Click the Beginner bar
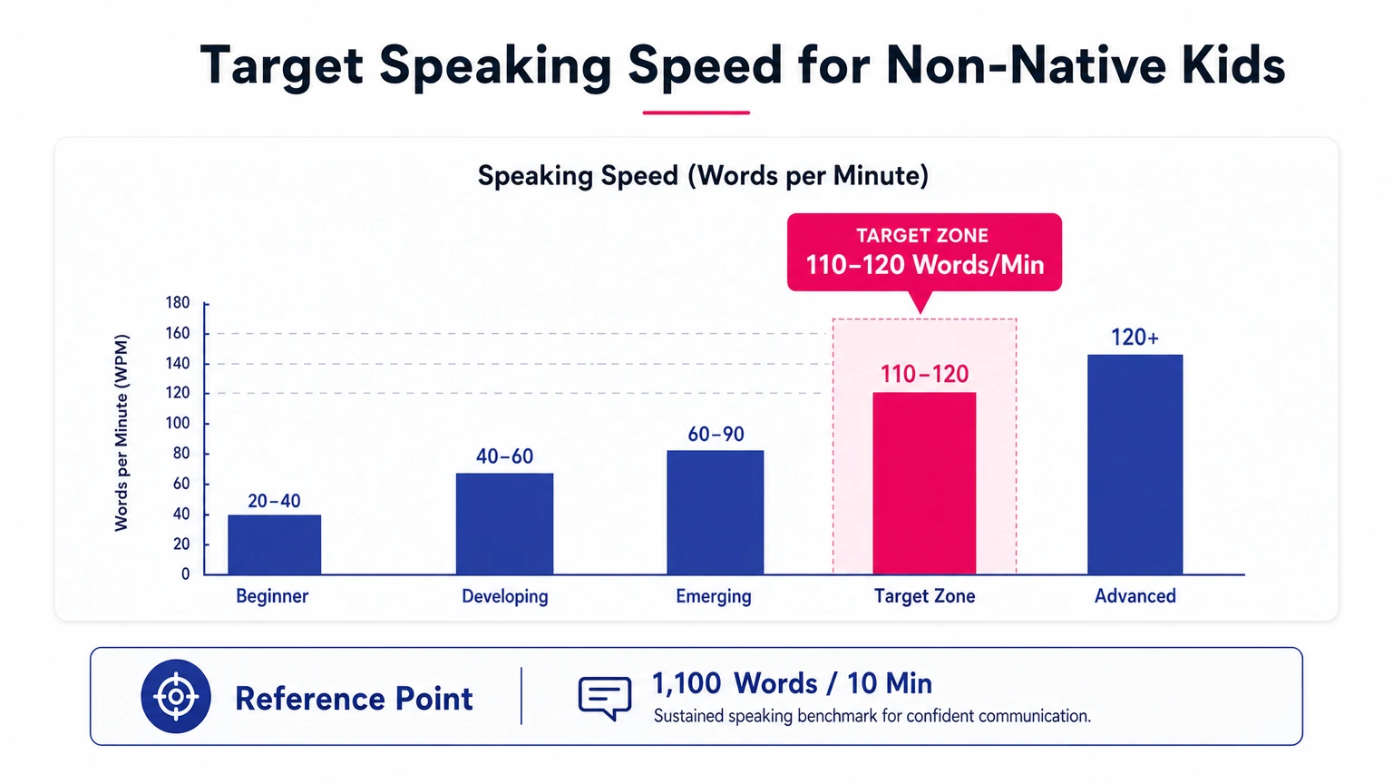click(x=274, y=544)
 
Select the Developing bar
click(x=504, y=524)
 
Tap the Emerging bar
click(x=715, y=512)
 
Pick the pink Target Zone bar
click(x=924, y=483)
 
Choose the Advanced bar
click(x=1135, y=464)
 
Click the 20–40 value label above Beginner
click(x=274, y=501)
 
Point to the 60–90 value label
click(x=716, y=435)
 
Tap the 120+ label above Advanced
click(x=1135, y=338)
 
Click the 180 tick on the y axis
click(x=178, y=303)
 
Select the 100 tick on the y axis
click(x=178, y=424)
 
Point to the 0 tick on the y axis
click(x=185, y=573)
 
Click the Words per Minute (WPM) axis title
click(x=122, y=433)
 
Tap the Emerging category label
click(x=714, y=596)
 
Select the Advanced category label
click(x=1135, y=596)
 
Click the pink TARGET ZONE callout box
click(x=924, y=252)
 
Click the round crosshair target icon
click(x=176, y=697)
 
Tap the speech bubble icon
click(x=605, y=698)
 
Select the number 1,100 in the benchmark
click(x=687, y=683)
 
